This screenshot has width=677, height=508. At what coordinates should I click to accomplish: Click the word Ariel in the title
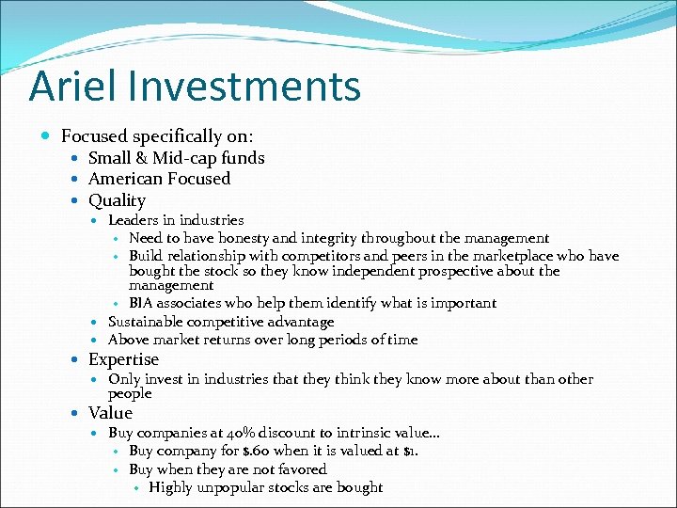(x=66, y=86)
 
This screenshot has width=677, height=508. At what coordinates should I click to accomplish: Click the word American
(x=127, y=179)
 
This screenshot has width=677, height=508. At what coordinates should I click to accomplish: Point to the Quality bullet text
(x=117, y=200)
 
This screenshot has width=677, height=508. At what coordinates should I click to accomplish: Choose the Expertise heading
(x=123, y=359)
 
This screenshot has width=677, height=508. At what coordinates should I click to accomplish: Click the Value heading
(x=110, y=413)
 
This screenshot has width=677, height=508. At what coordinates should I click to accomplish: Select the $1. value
(x=410, y=451)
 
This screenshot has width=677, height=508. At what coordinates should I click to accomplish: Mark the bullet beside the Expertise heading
(x=76, y=360)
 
